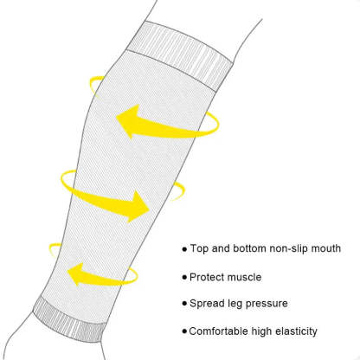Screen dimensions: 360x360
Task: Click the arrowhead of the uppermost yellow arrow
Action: (128, 121)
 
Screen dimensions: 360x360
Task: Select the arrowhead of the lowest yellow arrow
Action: (75, 274)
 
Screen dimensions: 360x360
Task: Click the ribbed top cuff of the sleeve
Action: (180, 55)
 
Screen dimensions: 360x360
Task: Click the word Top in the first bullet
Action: (199, 248)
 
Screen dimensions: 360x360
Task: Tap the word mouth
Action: (326, 248)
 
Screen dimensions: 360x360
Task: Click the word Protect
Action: (206, 277)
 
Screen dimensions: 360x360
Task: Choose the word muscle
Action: (243, 277)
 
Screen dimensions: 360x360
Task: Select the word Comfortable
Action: (218, 331)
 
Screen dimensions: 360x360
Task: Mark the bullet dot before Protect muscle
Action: (184, 278)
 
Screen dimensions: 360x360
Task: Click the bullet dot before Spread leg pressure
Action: (184, 304)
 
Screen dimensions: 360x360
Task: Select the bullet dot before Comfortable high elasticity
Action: (184, 331)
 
